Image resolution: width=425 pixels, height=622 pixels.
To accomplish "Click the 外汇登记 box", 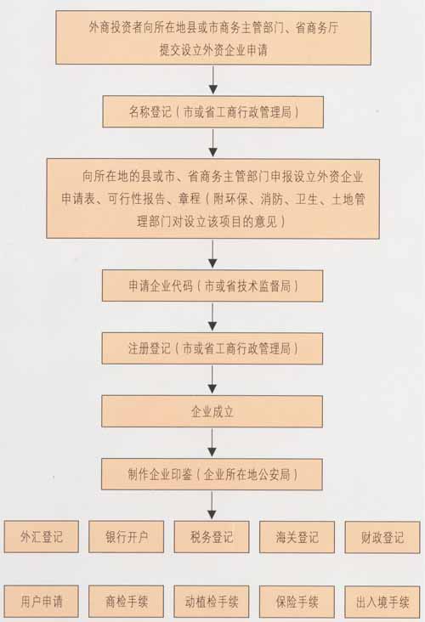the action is (x=42, y=537).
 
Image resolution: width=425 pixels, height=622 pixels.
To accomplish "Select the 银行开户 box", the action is (x=126, y=537).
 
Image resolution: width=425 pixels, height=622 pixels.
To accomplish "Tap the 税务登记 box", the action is (x=212, y=537).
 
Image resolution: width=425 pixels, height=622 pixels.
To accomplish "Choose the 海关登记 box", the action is (x=297, y=537).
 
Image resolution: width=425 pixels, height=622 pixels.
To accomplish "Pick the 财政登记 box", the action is (x=382, y=537).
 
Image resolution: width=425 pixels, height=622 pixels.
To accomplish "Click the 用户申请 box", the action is (x=42, y=602).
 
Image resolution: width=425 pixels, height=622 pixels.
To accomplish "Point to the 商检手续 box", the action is (x=126, y=602).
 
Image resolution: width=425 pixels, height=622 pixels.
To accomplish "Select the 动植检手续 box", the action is (x=212, y=602).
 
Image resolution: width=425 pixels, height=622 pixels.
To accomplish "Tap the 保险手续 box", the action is (x=297, y=602).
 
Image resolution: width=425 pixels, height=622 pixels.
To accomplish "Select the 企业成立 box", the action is (x=212, y=411).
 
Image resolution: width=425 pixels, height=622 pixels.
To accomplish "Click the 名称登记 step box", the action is (x=213, y=112).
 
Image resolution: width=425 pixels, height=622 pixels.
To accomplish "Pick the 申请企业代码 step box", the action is (x=212, y=286).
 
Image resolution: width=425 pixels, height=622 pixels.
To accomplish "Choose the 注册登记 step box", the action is (x=212, y=348).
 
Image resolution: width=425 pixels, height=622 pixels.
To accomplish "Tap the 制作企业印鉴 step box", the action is (x=212, y=474).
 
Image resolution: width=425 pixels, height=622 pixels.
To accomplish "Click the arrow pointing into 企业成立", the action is (x=212, y=380).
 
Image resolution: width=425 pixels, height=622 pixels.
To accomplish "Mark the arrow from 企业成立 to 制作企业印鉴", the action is (x=212, y=443).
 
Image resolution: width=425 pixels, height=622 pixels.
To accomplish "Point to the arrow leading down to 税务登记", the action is (x=212, y=505).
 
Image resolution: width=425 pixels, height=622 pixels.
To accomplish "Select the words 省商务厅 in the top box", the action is (x=317, y=28).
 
